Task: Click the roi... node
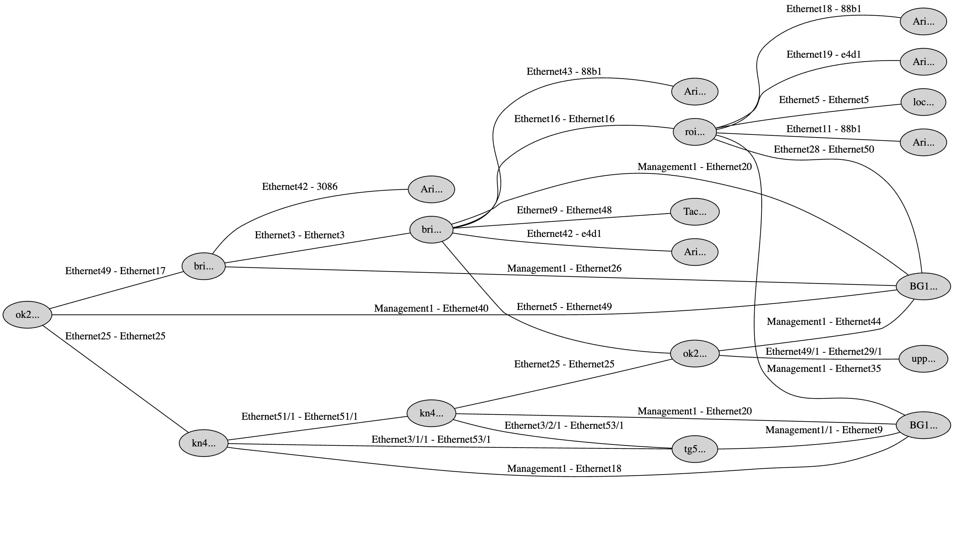coord(694,132)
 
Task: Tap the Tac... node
coord(694,212)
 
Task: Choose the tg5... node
coord(694,449)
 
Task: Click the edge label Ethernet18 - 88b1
coord(823,9)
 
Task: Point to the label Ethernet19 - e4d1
coord(823,55)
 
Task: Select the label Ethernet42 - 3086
coord(300,187)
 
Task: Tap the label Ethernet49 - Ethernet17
coord(115,271)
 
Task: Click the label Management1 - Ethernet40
coord(431,308)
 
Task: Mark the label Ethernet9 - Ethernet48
coord(564,210)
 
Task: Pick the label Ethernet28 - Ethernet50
coord(823,150)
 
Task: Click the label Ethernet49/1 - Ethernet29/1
coord(823,351)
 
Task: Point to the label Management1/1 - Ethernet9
coord(823,430)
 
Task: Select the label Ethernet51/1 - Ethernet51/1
coord(299,416)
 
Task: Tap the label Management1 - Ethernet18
coord(564,468)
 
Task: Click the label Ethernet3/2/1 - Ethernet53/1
coord(564,425)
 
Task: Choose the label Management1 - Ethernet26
coord(564,268)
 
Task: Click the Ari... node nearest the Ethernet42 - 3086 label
coord(431,189)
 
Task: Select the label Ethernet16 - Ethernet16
coord(564,119)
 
